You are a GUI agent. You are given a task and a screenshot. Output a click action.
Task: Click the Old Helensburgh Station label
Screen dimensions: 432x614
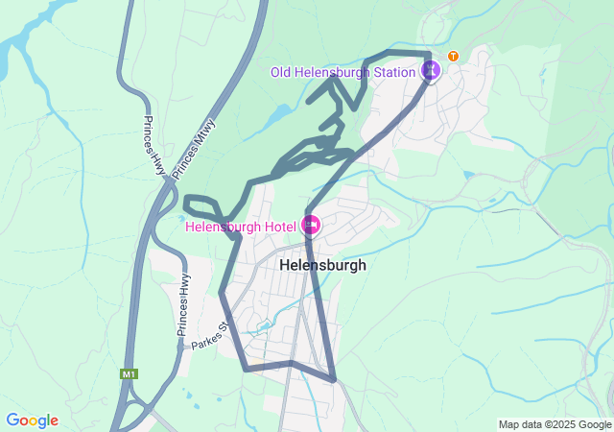point(342,71)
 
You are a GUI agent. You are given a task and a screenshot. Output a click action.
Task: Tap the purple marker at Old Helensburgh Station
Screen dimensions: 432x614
point(432,70)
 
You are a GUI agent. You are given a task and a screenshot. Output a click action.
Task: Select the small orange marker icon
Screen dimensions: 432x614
point(453,56)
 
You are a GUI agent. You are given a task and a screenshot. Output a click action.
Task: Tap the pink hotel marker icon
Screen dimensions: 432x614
point(310,227)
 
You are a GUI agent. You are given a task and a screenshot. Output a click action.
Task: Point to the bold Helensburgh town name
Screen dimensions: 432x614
point(322,265)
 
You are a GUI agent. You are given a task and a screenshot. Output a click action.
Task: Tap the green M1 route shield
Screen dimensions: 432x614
point(130,373)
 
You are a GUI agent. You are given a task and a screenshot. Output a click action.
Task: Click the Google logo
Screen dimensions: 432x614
point(32,420)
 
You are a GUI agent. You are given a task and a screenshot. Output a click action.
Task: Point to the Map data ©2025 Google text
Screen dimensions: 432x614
point(554,424)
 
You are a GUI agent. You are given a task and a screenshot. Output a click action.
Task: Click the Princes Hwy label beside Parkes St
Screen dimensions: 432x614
point(183,304)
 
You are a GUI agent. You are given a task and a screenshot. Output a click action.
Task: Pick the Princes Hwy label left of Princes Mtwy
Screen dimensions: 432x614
point(155,146)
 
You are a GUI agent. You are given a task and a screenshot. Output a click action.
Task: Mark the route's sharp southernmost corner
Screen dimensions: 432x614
point(334,379)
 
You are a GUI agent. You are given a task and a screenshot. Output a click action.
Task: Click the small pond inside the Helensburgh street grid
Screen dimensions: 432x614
point(263,327)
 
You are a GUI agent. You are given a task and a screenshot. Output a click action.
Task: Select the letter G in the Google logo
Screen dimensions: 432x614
point(12,420)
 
